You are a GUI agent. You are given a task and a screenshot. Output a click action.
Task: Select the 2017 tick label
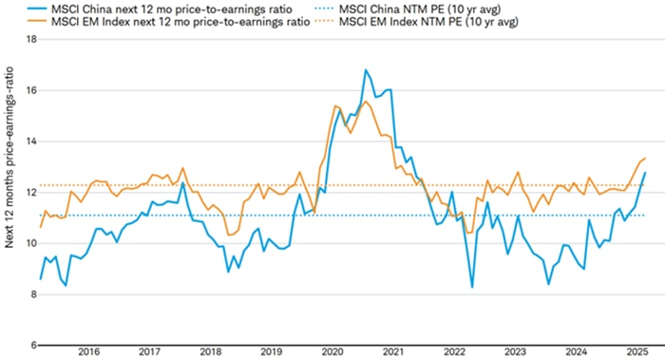coord(149,351)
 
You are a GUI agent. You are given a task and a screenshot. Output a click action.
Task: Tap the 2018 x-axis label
coord(210,351)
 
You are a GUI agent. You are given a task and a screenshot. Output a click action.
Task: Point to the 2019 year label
coord(271,351)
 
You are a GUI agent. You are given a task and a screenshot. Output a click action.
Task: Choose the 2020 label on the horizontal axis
coord(332,351)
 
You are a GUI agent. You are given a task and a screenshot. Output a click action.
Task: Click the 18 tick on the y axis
coord(30,40)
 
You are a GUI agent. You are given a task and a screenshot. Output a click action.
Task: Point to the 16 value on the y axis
coord(30,91)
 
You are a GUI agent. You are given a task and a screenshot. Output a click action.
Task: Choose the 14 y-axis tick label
coord(30,142)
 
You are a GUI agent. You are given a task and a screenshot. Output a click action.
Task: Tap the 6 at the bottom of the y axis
coord(33,345)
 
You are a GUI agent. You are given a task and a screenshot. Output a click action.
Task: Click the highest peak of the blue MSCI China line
coord(365,70)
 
